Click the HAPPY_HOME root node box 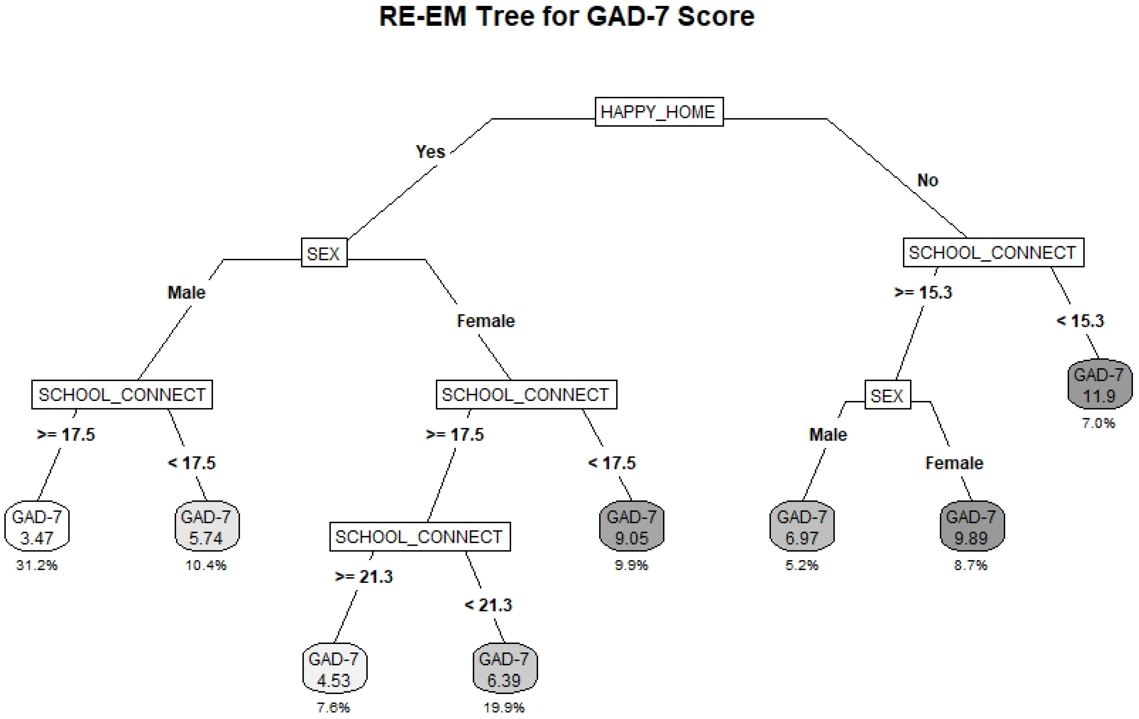point(659,112)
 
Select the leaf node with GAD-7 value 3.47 point(37,526)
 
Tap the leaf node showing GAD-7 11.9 point(1100,384)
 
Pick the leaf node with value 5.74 point(207,526)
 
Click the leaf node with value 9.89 point(972,526)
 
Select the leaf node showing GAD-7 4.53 point(334,668)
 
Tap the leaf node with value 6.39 point(505,668)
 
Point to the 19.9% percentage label point(504,707)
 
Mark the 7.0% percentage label point(1099,423)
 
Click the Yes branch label point(430,152)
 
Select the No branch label point(928,180)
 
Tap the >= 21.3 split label point(364,576)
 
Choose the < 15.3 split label point(1080,321)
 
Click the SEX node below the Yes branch point(324,254)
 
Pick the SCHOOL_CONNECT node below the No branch point(993,253)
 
